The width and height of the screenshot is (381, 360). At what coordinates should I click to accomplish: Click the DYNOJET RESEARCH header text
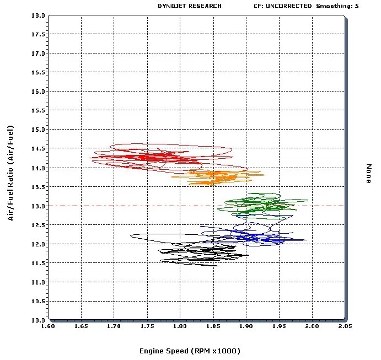pos(189,6)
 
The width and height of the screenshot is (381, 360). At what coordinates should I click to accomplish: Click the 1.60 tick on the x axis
pos(49,327)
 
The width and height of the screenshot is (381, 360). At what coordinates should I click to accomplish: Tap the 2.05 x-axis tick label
pos(345,327)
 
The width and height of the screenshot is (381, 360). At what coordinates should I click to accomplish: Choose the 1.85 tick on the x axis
pos(213,327)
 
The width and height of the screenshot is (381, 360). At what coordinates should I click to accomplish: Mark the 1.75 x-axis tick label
pos(147,327)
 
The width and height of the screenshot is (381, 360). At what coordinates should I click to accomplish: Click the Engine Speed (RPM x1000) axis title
pos(190,351)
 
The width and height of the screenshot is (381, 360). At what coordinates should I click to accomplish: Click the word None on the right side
pos(369,174)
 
